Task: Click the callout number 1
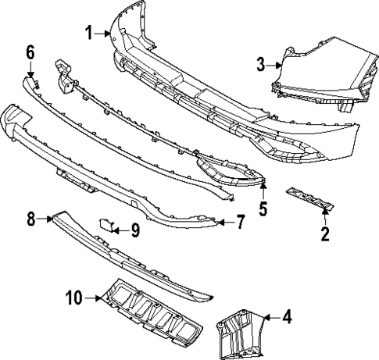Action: pyautogui.click(x=90, y=32)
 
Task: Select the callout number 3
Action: pyautogui.click(x=261, y=65)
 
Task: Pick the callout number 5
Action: pyautogui.click(x=263, y=209)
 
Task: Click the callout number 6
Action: pyautogui.click(x=30, y=52)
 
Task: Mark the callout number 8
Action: pyautogui.click(x=31, y=219)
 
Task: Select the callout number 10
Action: pyautogui.click(x=73, y=297)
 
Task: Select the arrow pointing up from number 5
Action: pyautogui.click(x=263, y=193)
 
